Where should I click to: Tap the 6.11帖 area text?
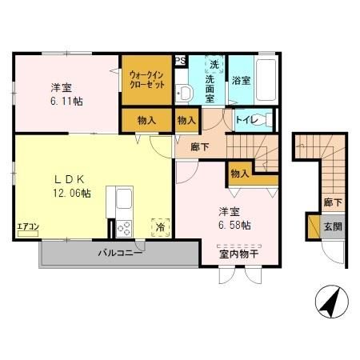[66, 102]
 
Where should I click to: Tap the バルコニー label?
[120, 254]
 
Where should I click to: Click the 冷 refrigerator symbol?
[161, 227]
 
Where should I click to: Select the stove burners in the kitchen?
[125, 228]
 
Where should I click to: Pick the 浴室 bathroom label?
[241, 81]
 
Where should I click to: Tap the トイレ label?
[246, 121]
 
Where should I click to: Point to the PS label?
[180, 60]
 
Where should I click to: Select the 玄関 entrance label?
[331, 226]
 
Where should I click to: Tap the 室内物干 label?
[237, 255]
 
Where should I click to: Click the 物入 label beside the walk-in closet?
[146, 121]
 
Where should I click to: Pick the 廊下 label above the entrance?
[330, 203]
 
